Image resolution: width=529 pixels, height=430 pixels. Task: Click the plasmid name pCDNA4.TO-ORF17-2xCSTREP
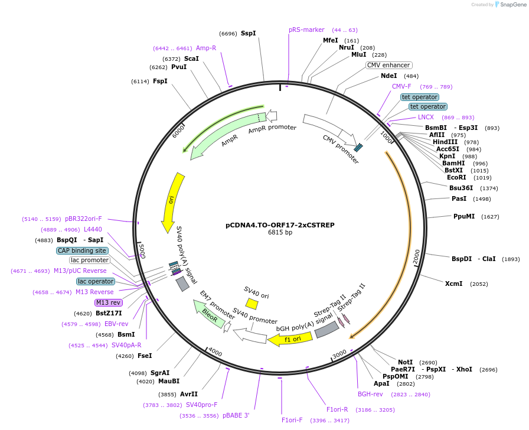click(280, 225)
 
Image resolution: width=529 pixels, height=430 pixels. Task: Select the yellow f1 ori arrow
click(290, 339)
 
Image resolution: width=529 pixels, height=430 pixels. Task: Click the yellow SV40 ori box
click(252, 304)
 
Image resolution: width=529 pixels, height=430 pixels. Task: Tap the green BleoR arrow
click(208, 314)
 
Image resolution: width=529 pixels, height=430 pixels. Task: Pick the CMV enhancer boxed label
click(388, 65)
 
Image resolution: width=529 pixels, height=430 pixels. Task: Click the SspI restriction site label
click(248, 33)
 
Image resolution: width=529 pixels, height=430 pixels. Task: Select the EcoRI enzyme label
click(456, 177)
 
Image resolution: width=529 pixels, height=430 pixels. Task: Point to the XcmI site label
click(453, 284)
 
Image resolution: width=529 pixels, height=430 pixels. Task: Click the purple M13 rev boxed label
click(108, 302)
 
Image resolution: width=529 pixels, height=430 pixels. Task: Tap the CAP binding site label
click(82, 250)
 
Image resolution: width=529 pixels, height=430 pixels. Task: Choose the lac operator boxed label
click(95, 281)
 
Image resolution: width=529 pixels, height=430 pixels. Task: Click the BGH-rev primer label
click(370, 394)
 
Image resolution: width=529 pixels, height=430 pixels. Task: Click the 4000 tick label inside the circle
click(215, 353)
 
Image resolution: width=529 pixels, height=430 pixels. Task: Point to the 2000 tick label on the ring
click(416, 256)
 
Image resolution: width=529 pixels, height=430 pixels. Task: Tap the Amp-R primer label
click(205, 48)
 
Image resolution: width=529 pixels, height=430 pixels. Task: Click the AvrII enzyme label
click(189, 394)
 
